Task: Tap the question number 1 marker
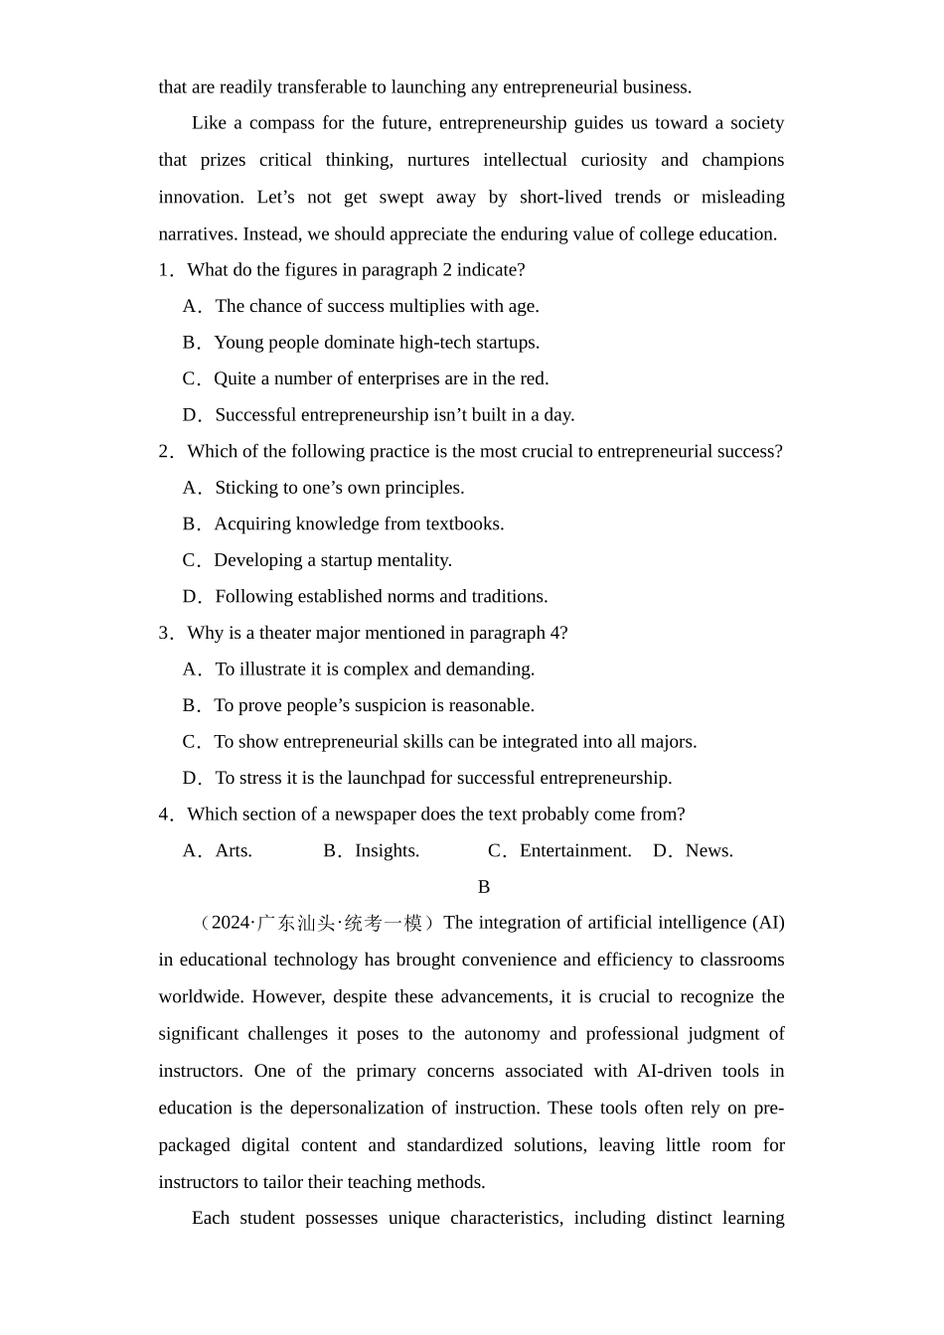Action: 165,270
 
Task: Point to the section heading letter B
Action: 484,887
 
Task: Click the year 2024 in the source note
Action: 231,923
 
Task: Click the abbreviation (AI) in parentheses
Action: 768,923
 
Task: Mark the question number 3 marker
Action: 165,633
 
